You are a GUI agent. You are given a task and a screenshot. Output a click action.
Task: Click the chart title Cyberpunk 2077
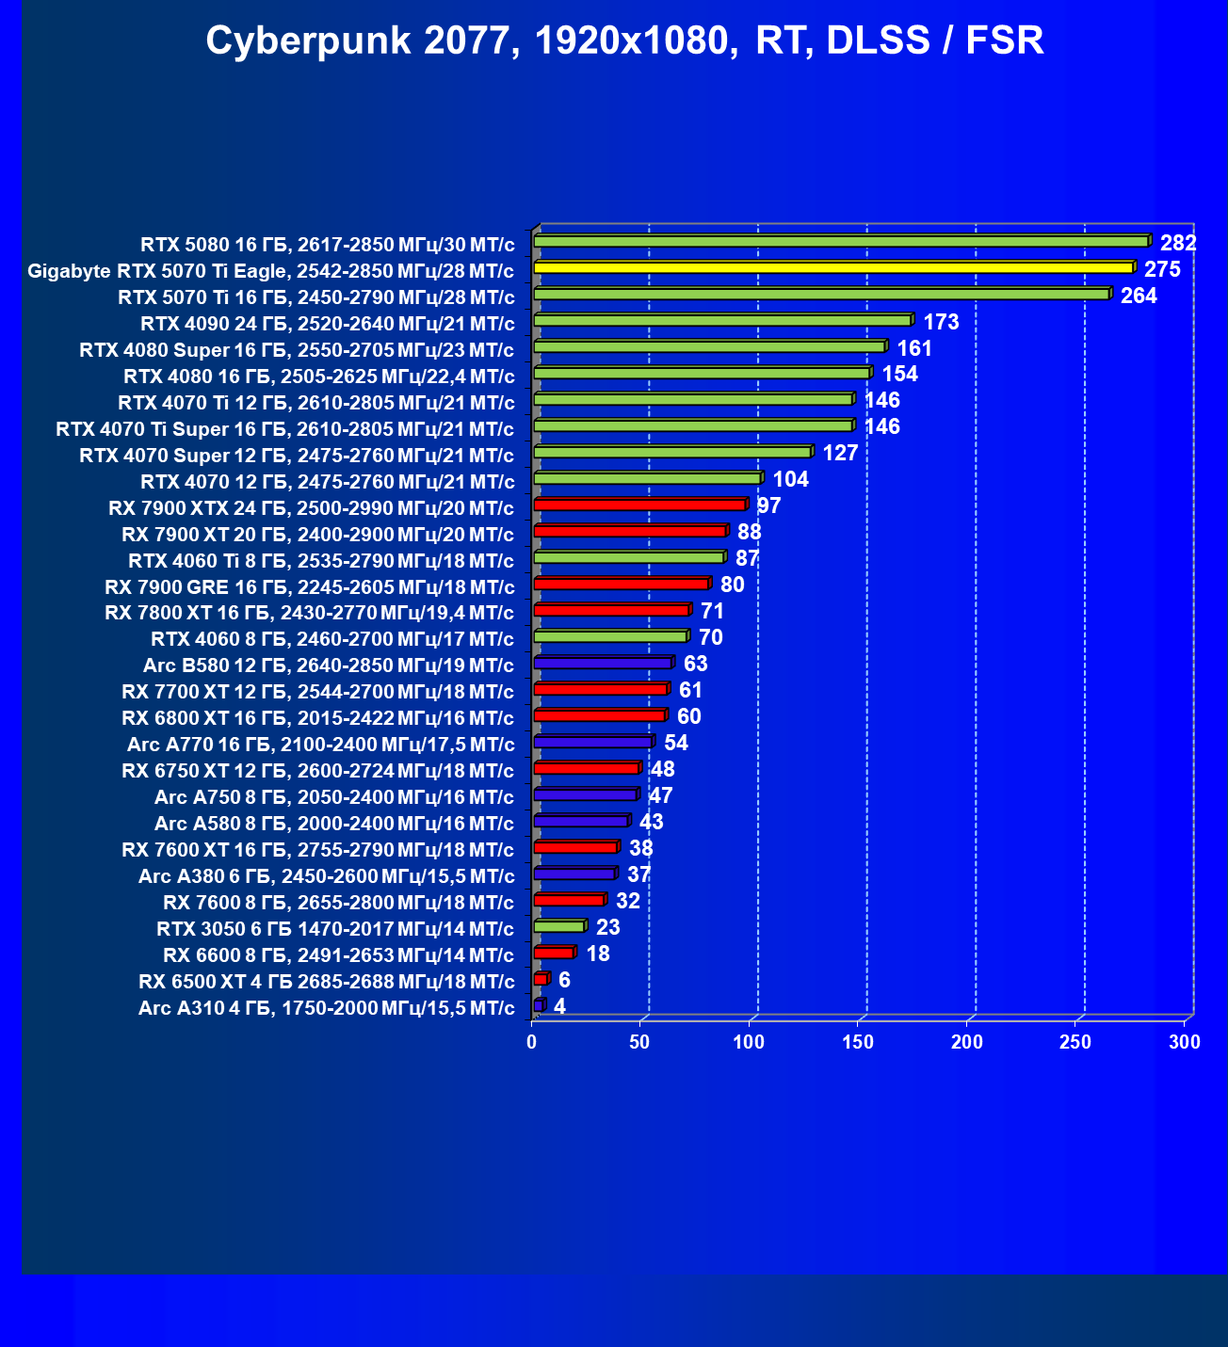[624, 41]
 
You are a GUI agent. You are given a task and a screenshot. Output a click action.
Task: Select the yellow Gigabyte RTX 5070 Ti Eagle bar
[833, 268]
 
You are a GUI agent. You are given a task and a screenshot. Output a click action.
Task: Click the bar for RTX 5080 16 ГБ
[841, 242]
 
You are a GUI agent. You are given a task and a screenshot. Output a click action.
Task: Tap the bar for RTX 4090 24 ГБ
[722, 321]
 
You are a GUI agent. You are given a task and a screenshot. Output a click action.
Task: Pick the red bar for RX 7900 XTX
[640, 505]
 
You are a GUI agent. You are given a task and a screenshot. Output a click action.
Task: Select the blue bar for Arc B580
[603, 664]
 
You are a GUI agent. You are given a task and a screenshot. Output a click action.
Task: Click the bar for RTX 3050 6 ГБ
[559, 927]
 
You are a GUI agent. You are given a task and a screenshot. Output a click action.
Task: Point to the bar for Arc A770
[592, 743]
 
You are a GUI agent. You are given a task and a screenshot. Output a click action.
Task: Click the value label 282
[1178, 243]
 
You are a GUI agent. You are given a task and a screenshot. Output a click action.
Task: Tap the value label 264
[1139, 296]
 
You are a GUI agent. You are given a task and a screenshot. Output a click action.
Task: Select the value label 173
[941, 322]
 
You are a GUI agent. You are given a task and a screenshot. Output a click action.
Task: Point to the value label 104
[790, 480]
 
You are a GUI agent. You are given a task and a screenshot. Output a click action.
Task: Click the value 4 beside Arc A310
[559, 1006]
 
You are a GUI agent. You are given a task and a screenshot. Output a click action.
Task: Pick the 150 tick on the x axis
[858, 1042]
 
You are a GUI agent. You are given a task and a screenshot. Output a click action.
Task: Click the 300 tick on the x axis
[1185, 1042]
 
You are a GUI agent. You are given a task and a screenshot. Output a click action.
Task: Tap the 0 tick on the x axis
[532, 1042]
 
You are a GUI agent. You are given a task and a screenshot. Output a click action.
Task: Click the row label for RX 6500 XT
[326, 982]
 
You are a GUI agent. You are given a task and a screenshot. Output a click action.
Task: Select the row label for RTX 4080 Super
[297, 350]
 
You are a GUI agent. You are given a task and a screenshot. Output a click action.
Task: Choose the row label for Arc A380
[326, 876]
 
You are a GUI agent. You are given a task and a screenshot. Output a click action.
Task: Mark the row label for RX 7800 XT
[310, 613]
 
